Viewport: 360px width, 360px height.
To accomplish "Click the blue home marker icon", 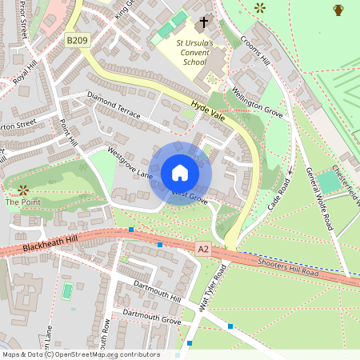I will pos(179,173).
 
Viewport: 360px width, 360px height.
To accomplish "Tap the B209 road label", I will pos(77,39).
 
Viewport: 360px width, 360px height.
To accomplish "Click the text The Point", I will pos(22,202).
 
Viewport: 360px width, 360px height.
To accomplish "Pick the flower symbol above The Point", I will pos(22,190).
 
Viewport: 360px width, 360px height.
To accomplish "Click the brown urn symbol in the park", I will pos(338,10).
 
